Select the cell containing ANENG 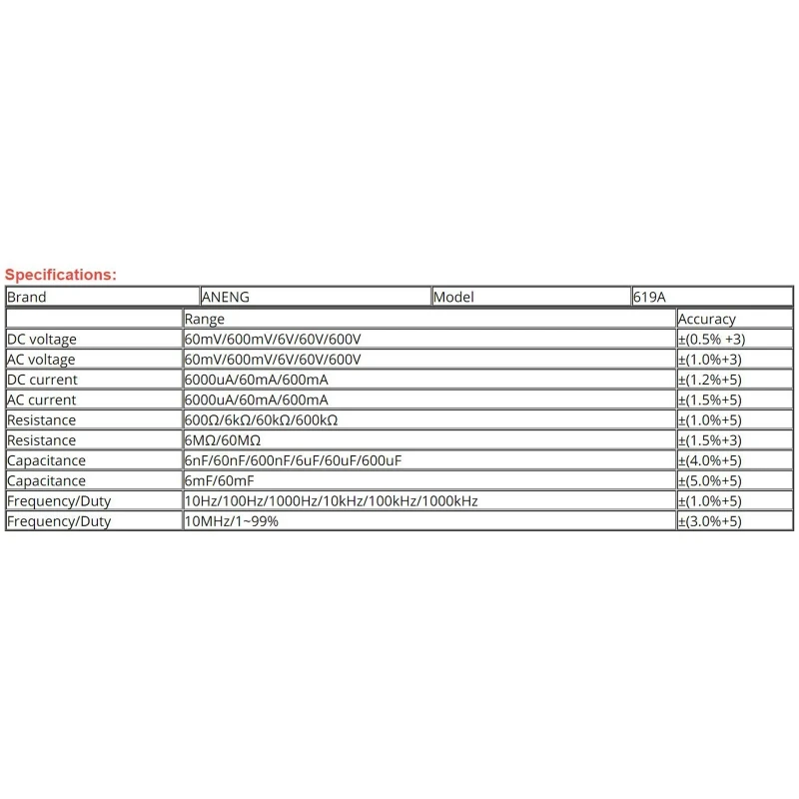[x=227, y=297]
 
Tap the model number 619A [x=649, y=297]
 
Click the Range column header [x=205, y=319]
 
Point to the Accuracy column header [x=706, y=319]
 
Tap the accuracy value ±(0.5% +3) [x=711, y=340]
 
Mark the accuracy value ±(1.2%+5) [x=709, y=380]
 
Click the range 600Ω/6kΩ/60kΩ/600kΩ [x=262, y=420]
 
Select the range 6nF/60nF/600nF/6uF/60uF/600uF [x=294, y=460]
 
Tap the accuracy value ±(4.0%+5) [x=709, y=460]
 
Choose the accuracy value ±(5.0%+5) [x=709, y=480]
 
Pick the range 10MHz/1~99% [x=232, y=521]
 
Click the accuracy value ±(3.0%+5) [x=709, y=521]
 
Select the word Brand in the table [x=27, y=297]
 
